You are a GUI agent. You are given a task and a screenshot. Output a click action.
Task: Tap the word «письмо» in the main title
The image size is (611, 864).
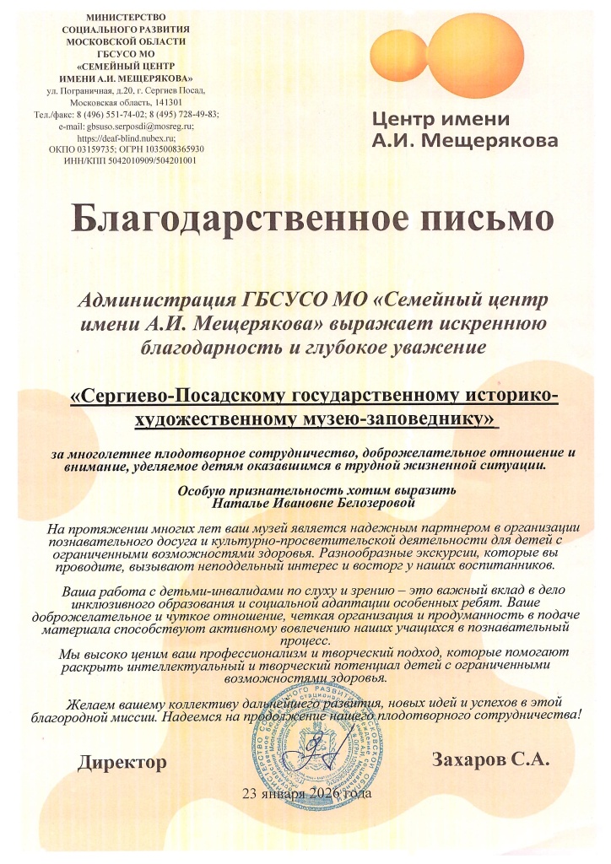[x=473, y=221]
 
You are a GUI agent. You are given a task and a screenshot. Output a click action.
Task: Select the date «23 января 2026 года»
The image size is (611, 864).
[x=305, y=794]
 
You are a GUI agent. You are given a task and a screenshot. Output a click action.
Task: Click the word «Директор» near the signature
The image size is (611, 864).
[x=122, y=763]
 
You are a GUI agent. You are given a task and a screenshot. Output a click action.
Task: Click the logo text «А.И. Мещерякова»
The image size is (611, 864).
[x=465, y=139]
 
